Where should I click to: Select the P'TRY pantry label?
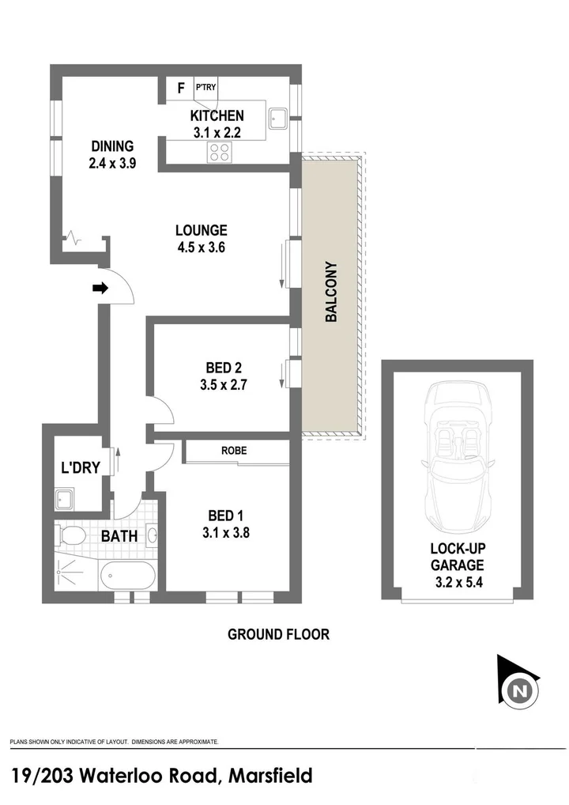205,87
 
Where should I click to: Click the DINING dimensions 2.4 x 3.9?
112,164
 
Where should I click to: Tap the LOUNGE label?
201,230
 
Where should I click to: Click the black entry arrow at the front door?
100,289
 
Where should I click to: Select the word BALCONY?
331,292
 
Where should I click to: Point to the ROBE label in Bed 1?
235,451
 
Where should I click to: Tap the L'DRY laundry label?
81,467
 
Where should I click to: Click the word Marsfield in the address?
270,776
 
